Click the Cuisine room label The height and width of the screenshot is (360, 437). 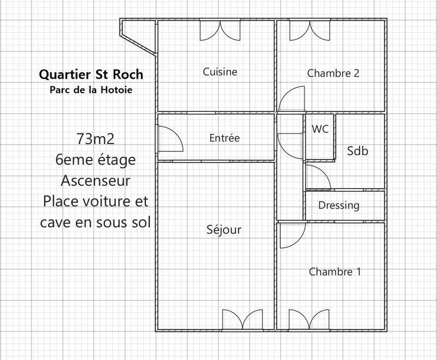[220, 72]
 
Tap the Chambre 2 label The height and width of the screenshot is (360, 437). [333, 73]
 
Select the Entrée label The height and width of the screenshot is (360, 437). [225, 138]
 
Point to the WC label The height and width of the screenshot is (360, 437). [320, 129]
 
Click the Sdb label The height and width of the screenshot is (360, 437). [358, 151]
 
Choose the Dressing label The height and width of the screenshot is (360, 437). [339, 205]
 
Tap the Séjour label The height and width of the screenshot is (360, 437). [224, 230]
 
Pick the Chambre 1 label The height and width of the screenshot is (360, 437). [335, 272]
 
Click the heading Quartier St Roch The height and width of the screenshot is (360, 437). [92, 74]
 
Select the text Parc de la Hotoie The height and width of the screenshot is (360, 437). [91, 89]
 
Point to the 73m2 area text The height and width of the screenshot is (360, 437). [96, 139]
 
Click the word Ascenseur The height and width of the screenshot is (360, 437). [96, 180]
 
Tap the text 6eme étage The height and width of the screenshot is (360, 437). [96, 160]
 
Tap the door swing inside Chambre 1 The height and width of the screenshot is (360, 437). [291, 236]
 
